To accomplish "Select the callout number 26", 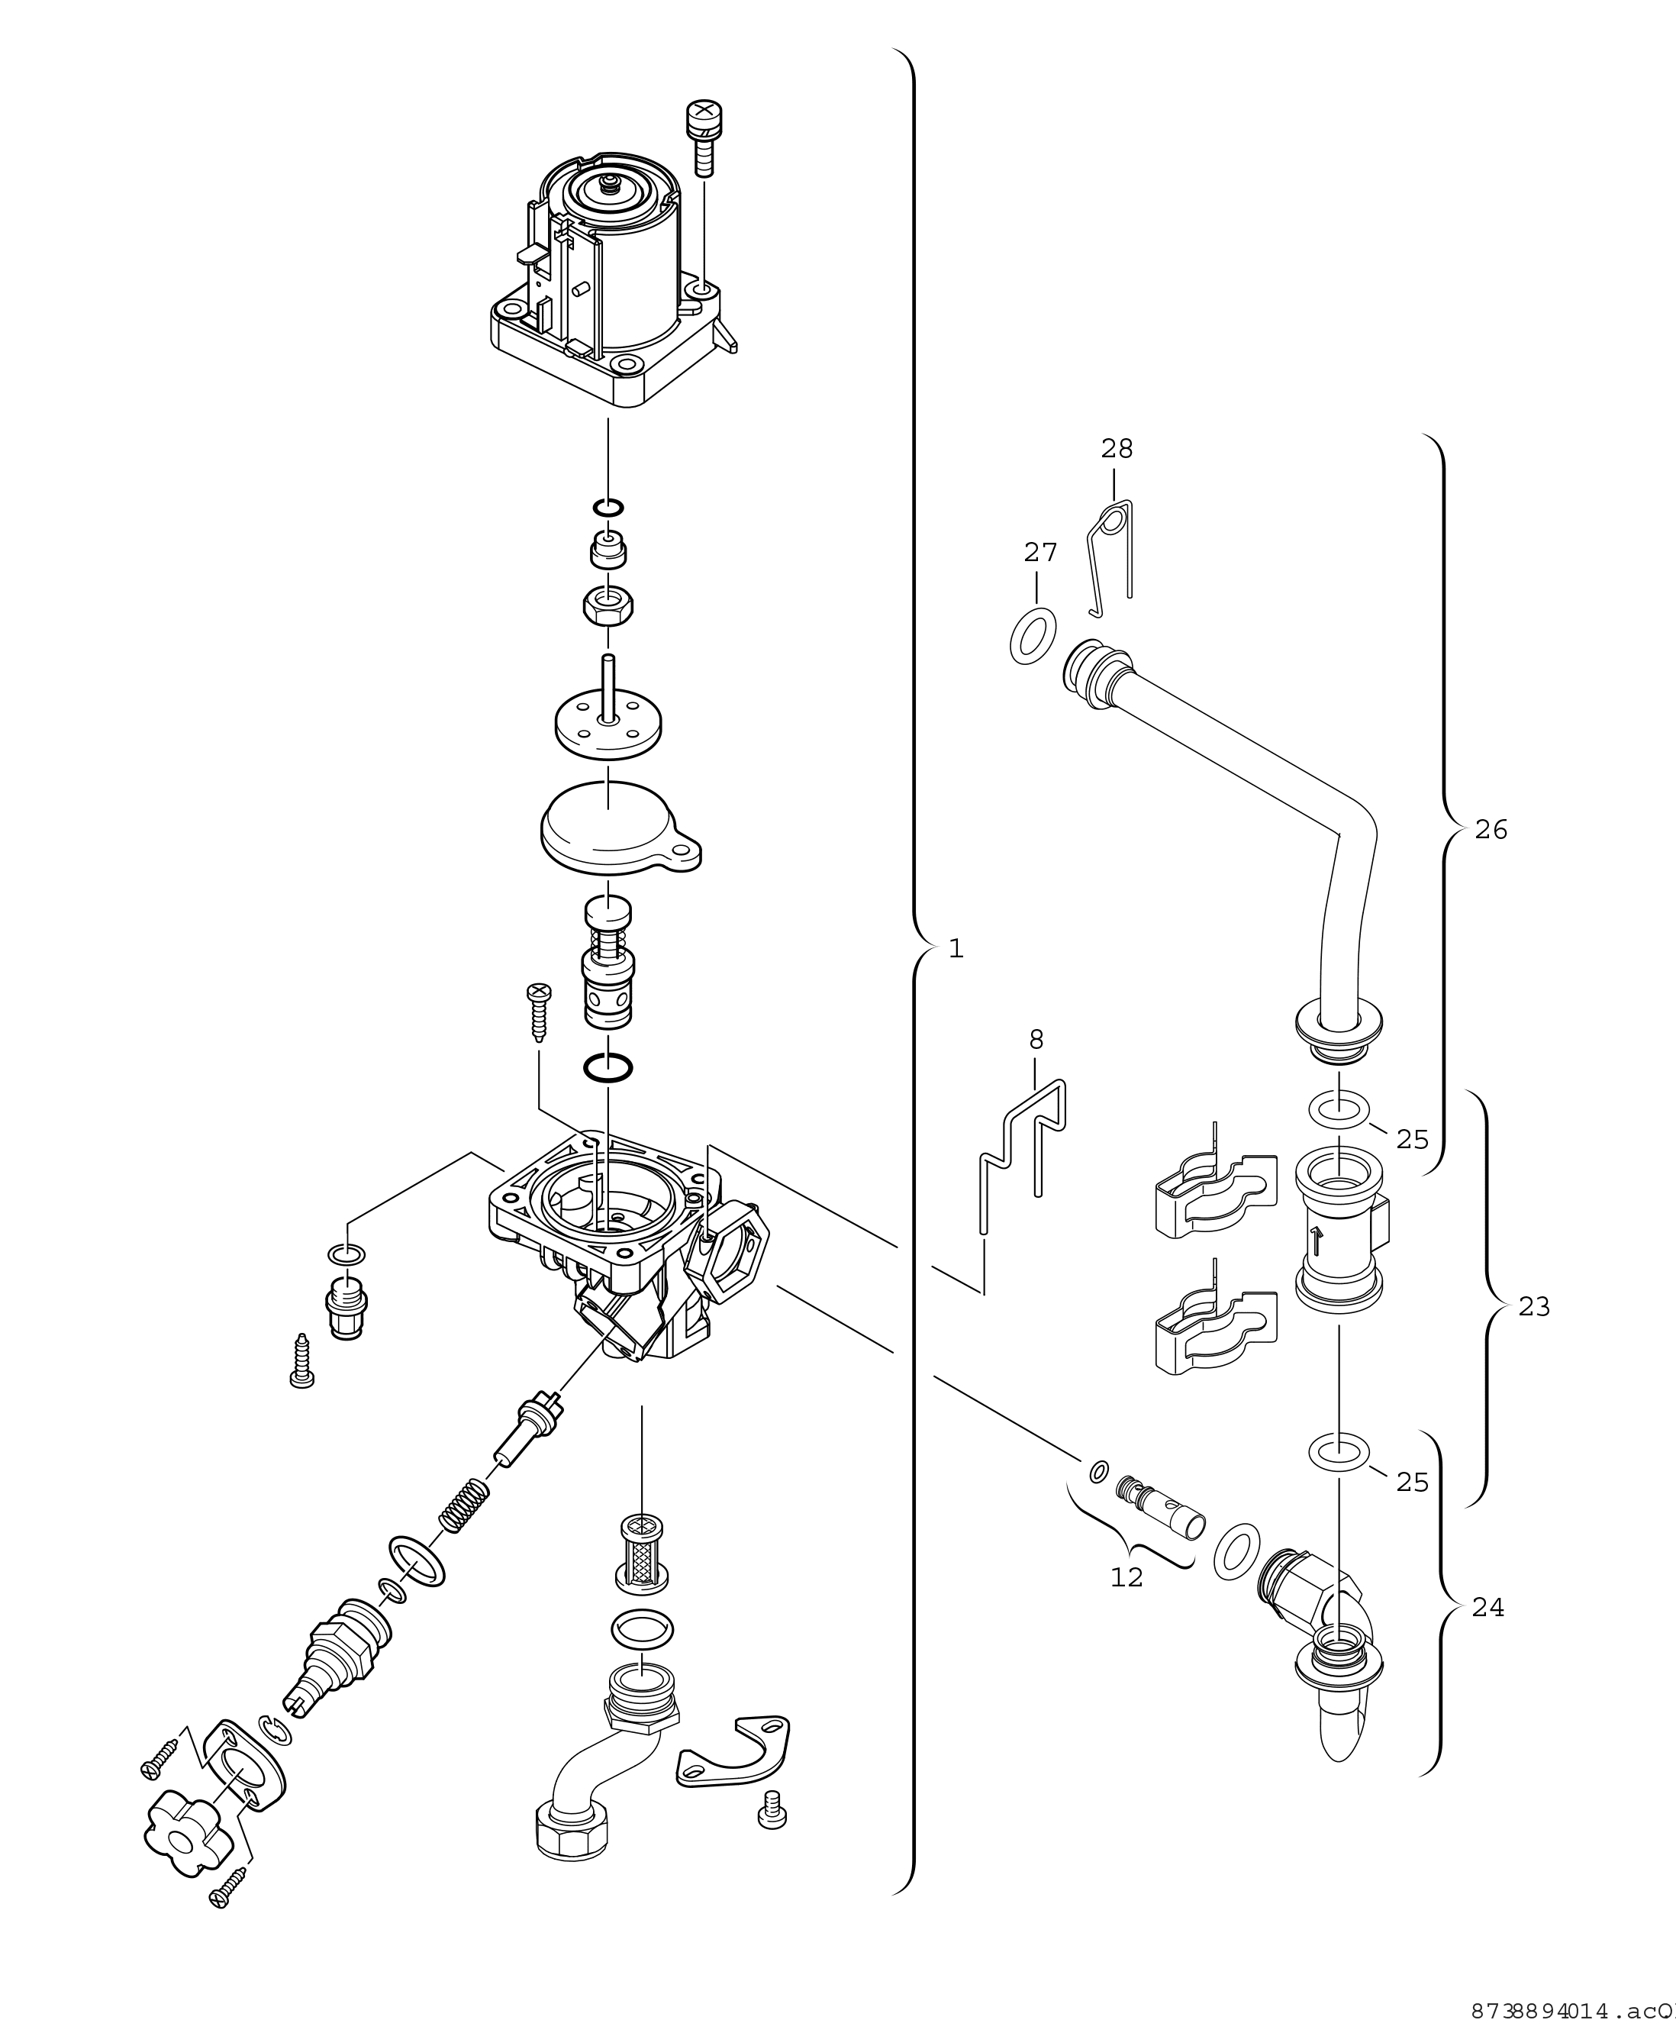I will point(1491,830).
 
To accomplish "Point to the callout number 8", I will point(1036,1039).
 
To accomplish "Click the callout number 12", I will point(1126,1577).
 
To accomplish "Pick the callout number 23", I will point(1534,1307).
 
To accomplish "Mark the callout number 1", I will point(956,950).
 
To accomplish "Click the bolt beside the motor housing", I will point(703,137).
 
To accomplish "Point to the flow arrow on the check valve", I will point(1316,1239).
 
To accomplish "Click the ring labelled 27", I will point(1032,635).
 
